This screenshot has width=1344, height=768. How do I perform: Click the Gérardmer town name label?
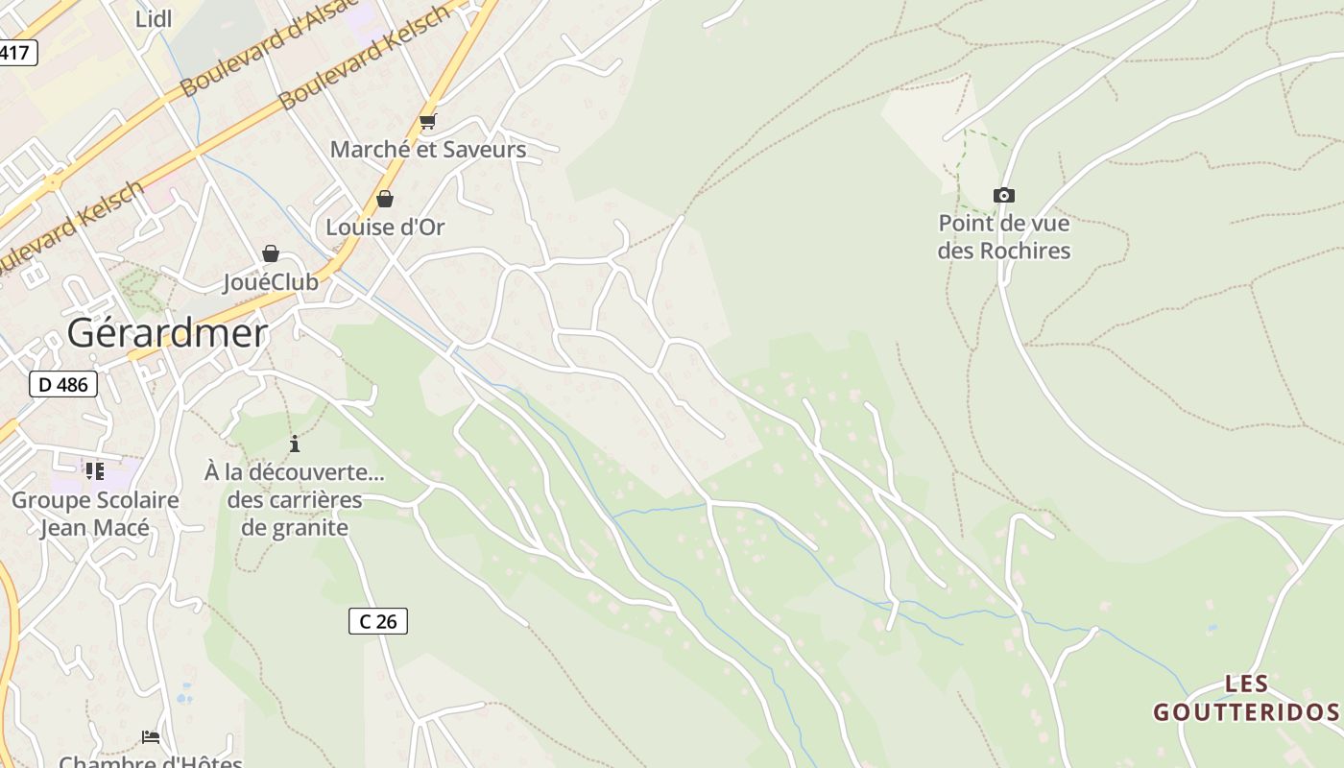coord(167,333)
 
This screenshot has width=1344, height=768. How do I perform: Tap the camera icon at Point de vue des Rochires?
coord(1003,196)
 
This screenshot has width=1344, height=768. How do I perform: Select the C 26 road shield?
coord(377,621)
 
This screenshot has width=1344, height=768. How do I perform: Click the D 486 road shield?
coord(63,385)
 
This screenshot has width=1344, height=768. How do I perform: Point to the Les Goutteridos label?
coord(1246,698)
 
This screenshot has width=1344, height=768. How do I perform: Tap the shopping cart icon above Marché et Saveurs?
coord(428,122)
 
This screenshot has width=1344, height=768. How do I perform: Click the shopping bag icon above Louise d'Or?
coord(385,199)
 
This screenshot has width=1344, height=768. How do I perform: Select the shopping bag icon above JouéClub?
coord(271,253)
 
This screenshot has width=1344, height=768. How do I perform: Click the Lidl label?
coord(154,19)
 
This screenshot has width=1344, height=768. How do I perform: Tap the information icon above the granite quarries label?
coord(295,444)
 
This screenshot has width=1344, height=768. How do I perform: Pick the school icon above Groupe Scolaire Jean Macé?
coord(94,470)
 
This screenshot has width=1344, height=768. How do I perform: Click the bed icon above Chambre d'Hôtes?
coord(151,737)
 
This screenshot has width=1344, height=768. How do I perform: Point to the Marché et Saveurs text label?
coord(428,150)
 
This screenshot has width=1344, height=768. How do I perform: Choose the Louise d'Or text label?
coord(385,228)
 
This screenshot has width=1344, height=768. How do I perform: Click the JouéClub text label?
coord(271,282)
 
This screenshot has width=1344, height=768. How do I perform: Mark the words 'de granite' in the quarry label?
coord(294,527)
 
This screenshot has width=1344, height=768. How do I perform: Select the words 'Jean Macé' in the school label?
coord(94,528)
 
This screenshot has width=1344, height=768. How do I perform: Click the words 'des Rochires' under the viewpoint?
coord(1003,251)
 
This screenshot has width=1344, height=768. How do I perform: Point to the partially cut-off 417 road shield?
coord(16,52)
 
